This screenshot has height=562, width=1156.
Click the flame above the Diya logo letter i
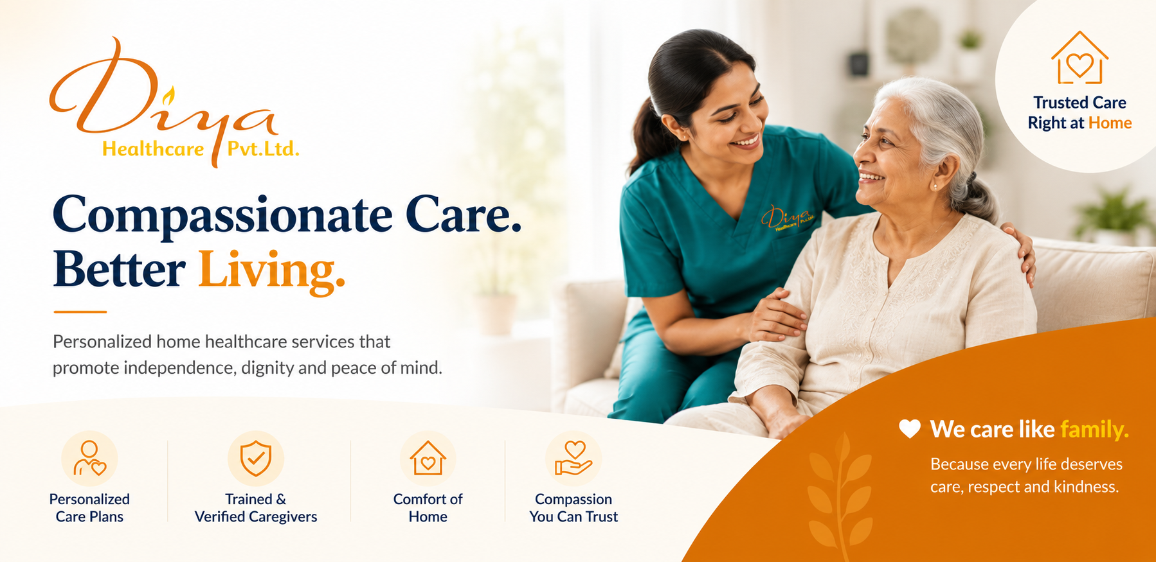(x=168, y=96)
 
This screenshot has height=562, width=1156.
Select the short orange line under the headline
(x=80, y=312)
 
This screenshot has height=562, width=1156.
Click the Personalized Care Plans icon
(x=89, y=458)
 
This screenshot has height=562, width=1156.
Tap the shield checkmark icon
(x=256, y=458)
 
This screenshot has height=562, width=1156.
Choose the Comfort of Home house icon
(x=428, y=458)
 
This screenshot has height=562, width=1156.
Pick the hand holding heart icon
(x=573, y=458)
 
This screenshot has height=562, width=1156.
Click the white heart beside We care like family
(x=910, y=428)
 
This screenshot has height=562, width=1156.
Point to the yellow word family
(x=1094, y=429)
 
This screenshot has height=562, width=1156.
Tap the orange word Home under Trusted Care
(x=1110, y=123)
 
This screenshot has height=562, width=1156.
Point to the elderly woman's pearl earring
(x=935, y=186)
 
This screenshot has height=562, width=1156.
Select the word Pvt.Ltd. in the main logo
(x=263, y=149)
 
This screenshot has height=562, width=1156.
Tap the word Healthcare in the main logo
(x=153, y=149)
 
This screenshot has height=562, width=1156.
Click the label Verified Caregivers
(x=256, y=516)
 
